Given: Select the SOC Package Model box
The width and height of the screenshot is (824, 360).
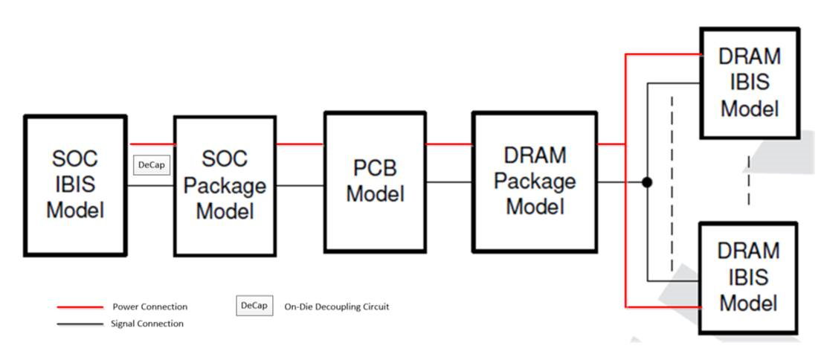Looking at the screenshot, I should (x=225, y=185).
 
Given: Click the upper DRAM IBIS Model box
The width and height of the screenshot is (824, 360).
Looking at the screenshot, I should (x=750, y=82).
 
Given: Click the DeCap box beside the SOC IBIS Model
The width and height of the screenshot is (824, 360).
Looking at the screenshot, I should (x=151, y=164).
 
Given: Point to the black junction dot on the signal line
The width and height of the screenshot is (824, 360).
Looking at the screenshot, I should (x=647, y=181).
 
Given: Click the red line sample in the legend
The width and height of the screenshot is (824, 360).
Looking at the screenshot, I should (x=80, y=306).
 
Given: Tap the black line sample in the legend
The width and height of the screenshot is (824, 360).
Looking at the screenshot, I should (x=80, y=324).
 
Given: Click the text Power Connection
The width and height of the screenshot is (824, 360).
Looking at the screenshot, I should (x=149, y=306).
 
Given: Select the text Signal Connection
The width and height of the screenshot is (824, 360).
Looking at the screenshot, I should (x=147, y=324).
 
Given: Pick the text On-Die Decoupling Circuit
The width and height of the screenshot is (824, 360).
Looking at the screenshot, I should (x=336, y=306).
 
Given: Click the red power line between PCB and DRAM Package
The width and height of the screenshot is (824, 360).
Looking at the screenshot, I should (x=448, y=144).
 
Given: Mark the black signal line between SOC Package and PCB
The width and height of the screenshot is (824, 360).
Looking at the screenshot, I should (x=300, y=185).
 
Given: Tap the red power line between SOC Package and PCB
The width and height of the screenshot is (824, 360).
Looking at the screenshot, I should (x=300, y=144).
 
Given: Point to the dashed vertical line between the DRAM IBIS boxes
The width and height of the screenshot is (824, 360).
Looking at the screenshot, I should (x=748, y=180).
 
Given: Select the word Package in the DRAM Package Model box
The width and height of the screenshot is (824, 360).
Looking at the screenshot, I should (x=535, y=181).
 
